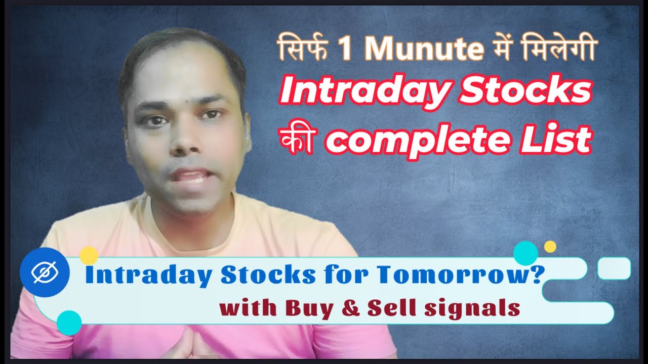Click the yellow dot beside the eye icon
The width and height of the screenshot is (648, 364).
click(89, 255)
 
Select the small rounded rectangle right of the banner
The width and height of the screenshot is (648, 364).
click(614, 268)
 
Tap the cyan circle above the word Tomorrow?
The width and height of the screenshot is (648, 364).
click(525, 253)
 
